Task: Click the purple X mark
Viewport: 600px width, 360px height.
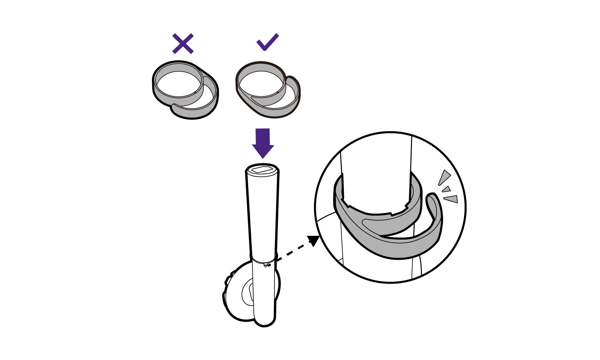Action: coord(183,43)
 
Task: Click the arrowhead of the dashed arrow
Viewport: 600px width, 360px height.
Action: coord(314,241)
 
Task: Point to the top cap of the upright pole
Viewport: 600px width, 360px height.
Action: coord(262,170)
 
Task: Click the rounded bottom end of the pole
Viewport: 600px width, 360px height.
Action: coord(264,321)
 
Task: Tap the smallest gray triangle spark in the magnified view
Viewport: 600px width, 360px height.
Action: coord(447,189)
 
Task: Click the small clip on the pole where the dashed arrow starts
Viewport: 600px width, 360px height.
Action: coord(266,265)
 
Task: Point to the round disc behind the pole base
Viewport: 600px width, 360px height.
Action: coord(237,299)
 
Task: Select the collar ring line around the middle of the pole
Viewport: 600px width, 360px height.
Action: coord(264,260)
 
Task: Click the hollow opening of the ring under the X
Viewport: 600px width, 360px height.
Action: coord(179,84)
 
